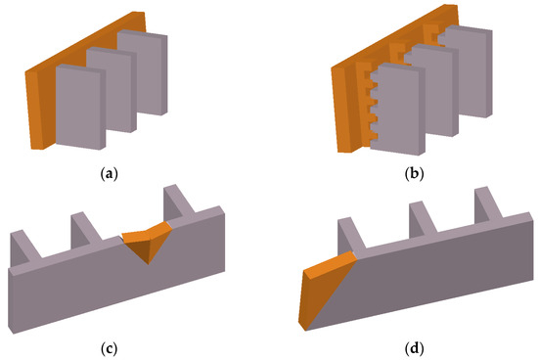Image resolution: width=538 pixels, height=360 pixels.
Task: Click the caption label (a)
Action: coord(110,174)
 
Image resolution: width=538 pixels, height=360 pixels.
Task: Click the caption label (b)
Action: coord(415,174)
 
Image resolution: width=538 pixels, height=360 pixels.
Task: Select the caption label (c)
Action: coord(110,348)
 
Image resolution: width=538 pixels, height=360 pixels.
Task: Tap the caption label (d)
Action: coord(415,348)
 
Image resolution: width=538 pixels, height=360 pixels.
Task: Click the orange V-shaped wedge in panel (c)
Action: coord(147,242)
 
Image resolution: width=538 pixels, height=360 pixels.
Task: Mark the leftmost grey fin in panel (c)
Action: coord(23,247)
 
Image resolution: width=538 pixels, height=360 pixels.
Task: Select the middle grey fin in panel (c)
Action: coord(84,230)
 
